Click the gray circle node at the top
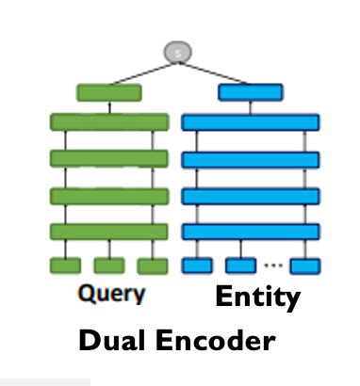pyautogui.click(x=179, y=54)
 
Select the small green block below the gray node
pyautogui.click(x=108, y=92)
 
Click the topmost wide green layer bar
pyautogui.click(x=109, y=122)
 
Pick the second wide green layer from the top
pyautogui.click(x=109, y=158)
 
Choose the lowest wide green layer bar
pyautogui.click(x=109, y=231)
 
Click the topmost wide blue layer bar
pyautogui.click(x=250, y=122)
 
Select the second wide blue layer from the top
pyautogui.click(x=250, y=159)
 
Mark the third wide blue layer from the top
pyautogui.click(x=250, y=196)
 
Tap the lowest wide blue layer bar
pyautogui.click(x=250, y=231)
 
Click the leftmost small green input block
pyautogui.click(x=65, y=265)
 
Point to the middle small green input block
pyautogui.click(x=109, y=265)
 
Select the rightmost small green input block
pyautogui.click(x=153, y=265)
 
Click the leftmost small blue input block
pyautogui.click(x=196, y=265)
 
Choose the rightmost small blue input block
pyautogui.click(x=305, y=265)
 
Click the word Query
pyautogui.click(x=110, y=295)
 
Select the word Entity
pyautogui.click(x=257, y=298)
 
